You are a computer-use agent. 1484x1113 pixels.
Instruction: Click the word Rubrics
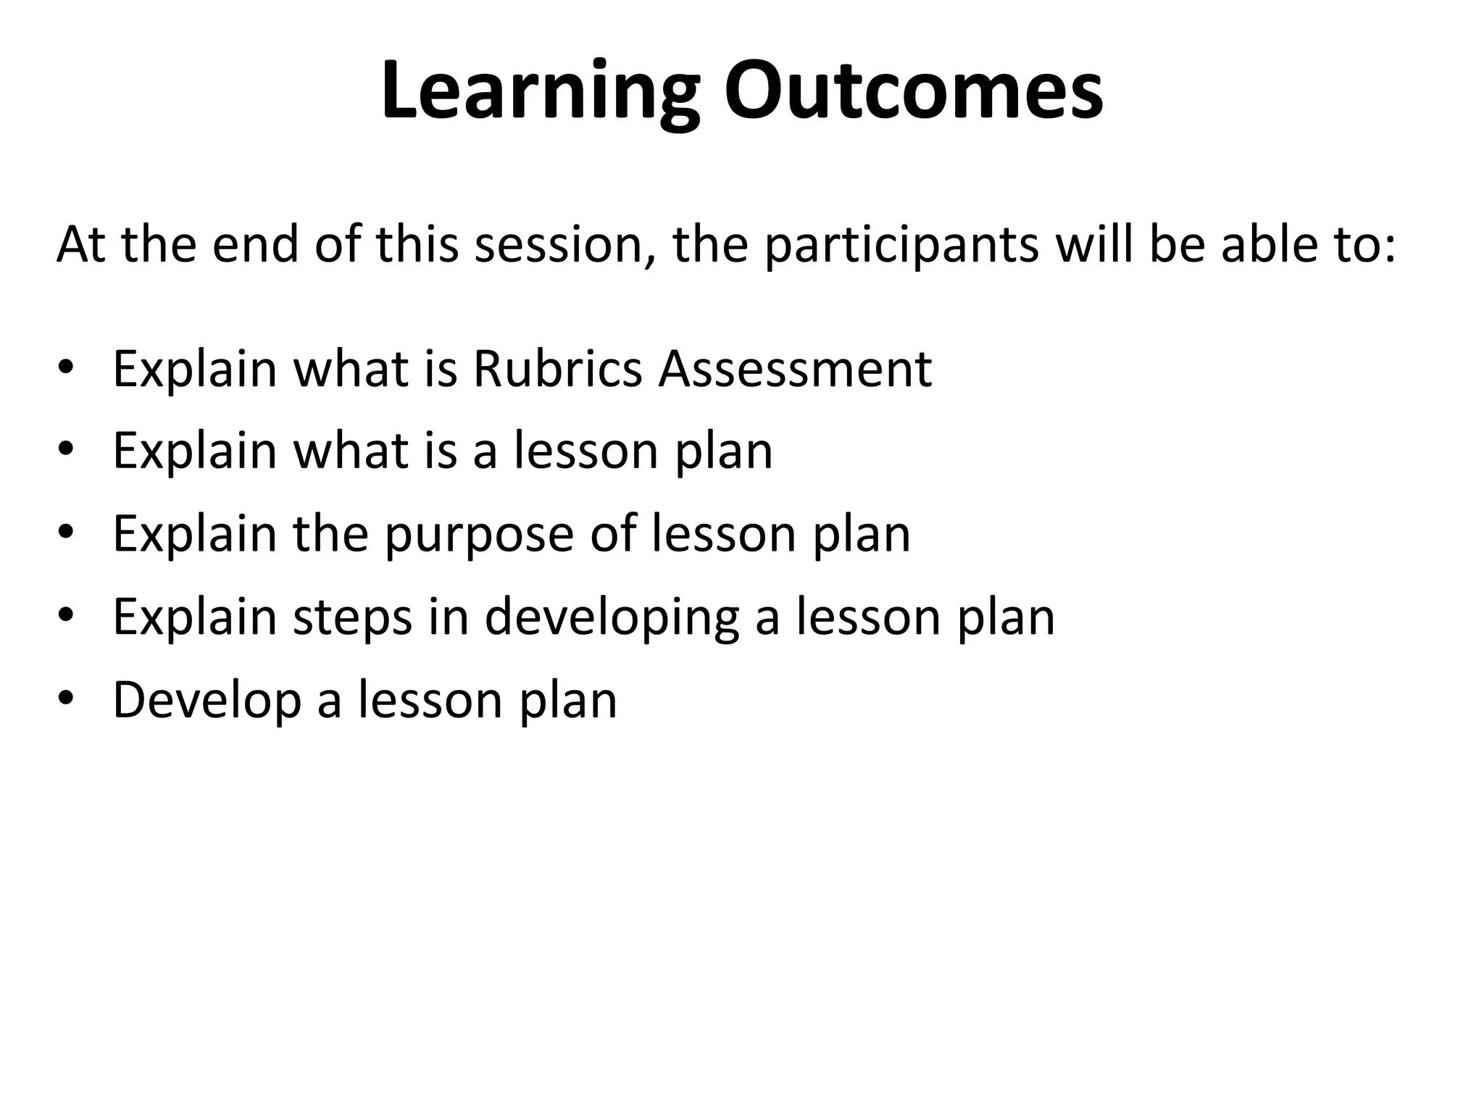557,369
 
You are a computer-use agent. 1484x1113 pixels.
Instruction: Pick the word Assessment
795,369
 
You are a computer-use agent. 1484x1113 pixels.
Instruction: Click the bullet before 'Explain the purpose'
66,533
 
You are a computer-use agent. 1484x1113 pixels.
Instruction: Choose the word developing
611,618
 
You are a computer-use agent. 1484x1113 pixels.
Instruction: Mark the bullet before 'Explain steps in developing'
66,615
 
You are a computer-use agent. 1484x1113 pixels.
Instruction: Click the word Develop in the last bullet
207,701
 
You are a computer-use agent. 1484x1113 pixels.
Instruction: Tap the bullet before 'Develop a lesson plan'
66,698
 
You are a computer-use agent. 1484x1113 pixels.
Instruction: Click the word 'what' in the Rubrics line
350,369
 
